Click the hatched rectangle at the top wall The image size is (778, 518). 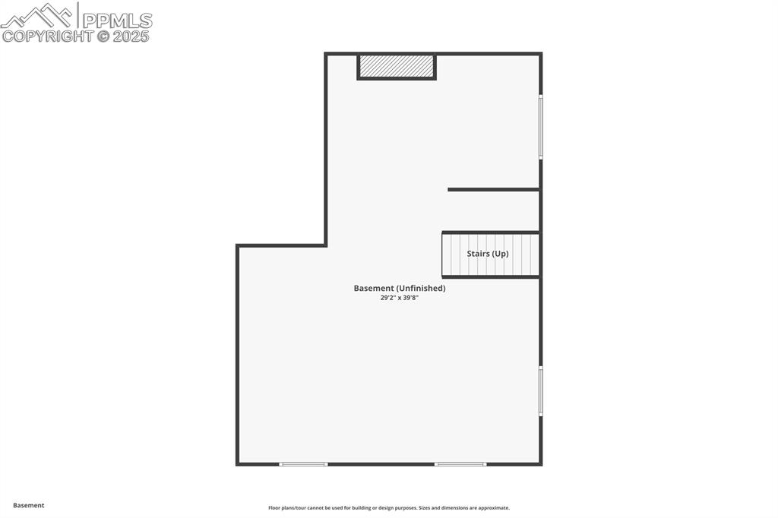(x=397, y=66)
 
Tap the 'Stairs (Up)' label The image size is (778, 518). (x=487, y=254)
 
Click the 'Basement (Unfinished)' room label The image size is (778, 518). (x=400, y=288)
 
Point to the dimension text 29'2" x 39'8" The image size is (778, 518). (x=400, y=298)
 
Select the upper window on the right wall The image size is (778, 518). (x=541, y=126)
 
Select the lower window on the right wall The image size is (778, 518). (x=541, y=390)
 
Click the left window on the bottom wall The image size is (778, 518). (x=303, y=464)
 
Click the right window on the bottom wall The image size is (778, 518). (x=460, y=464)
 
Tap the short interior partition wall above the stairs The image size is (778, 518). (x=493, y=189)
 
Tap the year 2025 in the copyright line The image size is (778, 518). (x=131, y=36)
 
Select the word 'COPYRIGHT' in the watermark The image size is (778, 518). (x=47, y=36)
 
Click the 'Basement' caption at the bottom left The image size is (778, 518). (x=29, y=505)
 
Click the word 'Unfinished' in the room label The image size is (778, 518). (x=421, y=288)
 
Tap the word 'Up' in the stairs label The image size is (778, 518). (x=500, y=254)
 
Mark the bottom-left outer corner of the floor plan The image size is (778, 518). (x=237, y=463)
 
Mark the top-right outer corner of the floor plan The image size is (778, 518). (x=541, y=53)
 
